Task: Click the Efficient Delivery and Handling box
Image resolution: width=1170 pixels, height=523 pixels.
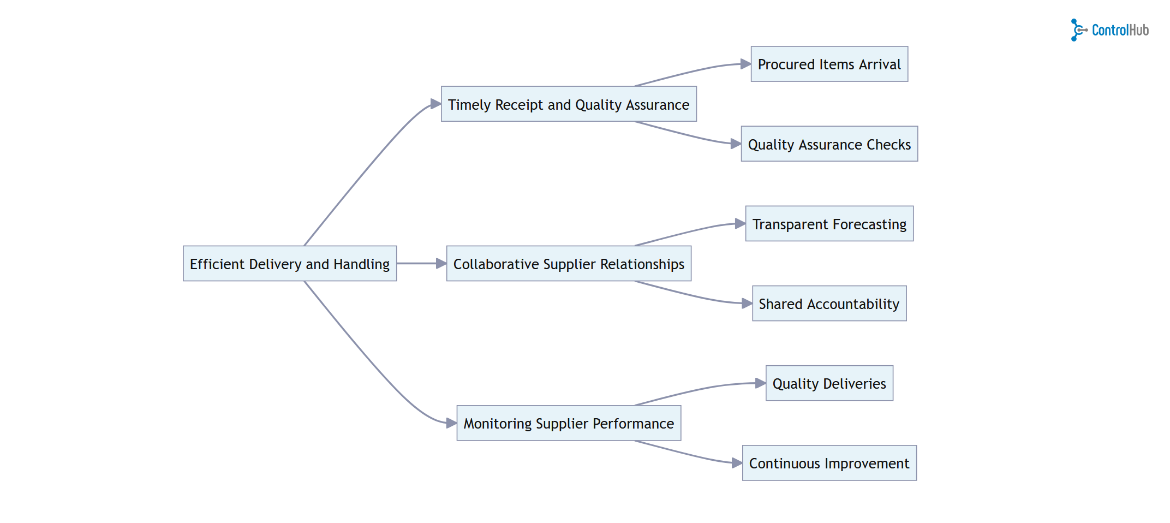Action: pyautogui.click(x=290, y=264)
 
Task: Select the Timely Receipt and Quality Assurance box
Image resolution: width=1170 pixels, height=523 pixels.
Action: pyautogui.click(x=569, y=104)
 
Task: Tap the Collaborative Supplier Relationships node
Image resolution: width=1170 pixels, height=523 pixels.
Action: pyautogui.click(x=569, y=264)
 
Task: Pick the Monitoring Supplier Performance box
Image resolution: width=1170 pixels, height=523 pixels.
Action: pyautogui.click(x=569, y=423)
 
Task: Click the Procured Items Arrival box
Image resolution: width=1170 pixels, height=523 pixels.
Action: pyautogui.click(x=829, y=64)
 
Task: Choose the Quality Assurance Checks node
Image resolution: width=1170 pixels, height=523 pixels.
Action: pyautogui.click(x=829, y=144)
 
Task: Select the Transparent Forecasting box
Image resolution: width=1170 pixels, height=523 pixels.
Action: pyautogui.click(x=829, y=224)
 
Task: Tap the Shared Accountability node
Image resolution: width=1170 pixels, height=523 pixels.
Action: pyautogui.click(x=829, y=304)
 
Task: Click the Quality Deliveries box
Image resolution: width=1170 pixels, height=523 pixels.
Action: pyautogui.click(x=829, y=383)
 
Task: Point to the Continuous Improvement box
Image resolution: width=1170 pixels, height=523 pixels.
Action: pyautogui.click(x=829, y=463)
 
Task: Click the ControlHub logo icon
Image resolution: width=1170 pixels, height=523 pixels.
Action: pyautogui.click(x=1078, y=30)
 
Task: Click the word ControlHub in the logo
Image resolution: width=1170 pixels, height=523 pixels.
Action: pyautogui.click(x=1120, y=31)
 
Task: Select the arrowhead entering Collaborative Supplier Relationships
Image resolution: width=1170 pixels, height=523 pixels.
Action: pyautogui.click(x=441, y=264)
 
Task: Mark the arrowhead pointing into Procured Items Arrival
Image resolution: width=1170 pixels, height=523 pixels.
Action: pyautogui.click(x=745, y=64)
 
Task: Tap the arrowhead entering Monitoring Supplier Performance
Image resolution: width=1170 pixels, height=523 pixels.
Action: pyautogui.click(x=451, y=423)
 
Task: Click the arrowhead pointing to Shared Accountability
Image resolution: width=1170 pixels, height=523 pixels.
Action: pyautogui.click(x=747, y=304)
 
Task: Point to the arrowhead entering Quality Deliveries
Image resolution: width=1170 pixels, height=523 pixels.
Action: pyautogui.click(x=760, y=383)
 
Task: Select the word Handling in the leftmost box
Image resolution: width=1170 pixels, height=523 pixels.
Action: pyautogui.click(x=361, y=264)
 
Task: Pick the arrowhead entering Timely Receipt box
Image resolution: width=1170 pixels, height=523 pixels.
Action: pyautogui.click(x=435, y=104)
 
